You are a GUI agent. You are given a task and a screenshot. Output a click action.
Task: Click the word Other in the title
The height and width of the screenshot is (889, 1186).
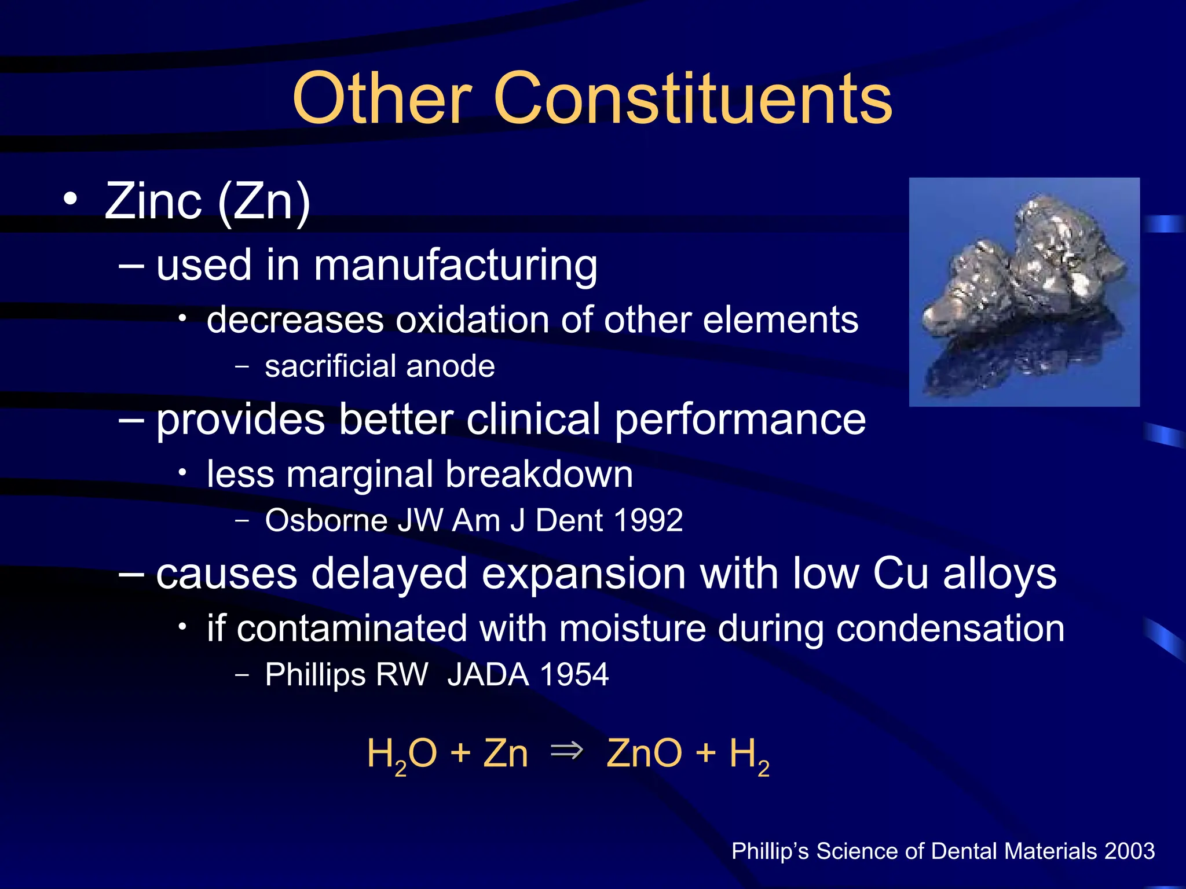[382, 98]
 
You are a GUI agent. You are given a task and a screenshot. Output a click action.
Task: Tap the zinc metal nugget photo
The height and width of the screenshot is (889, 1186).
[1024, 292]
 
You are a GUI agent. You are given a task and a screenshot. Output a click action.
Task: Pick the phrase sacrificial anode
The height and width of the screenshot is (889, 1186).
[379, 366]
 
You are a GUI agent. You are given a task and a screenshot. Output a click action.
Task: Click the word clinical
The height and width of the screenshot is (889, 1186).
[533, 419]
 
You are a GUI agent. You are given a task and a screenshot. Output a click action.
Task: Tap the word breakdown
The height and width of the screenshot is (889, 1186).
[539, 475]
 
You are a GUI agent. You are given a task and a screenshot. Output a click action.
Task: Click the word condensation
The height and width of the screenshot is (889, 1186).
[950, 629]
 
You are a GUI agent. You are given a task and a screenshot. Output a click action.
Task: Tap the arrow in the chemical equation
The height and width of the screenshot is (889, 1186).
[566, 751]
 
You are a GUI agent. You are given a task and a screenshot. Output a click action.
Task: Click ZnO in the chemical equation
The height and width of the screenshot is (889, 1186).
[644, 754]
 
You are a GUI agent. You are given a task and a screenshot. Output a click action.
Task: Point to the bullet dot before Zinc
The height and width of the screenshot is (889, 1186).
[70, 199]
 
